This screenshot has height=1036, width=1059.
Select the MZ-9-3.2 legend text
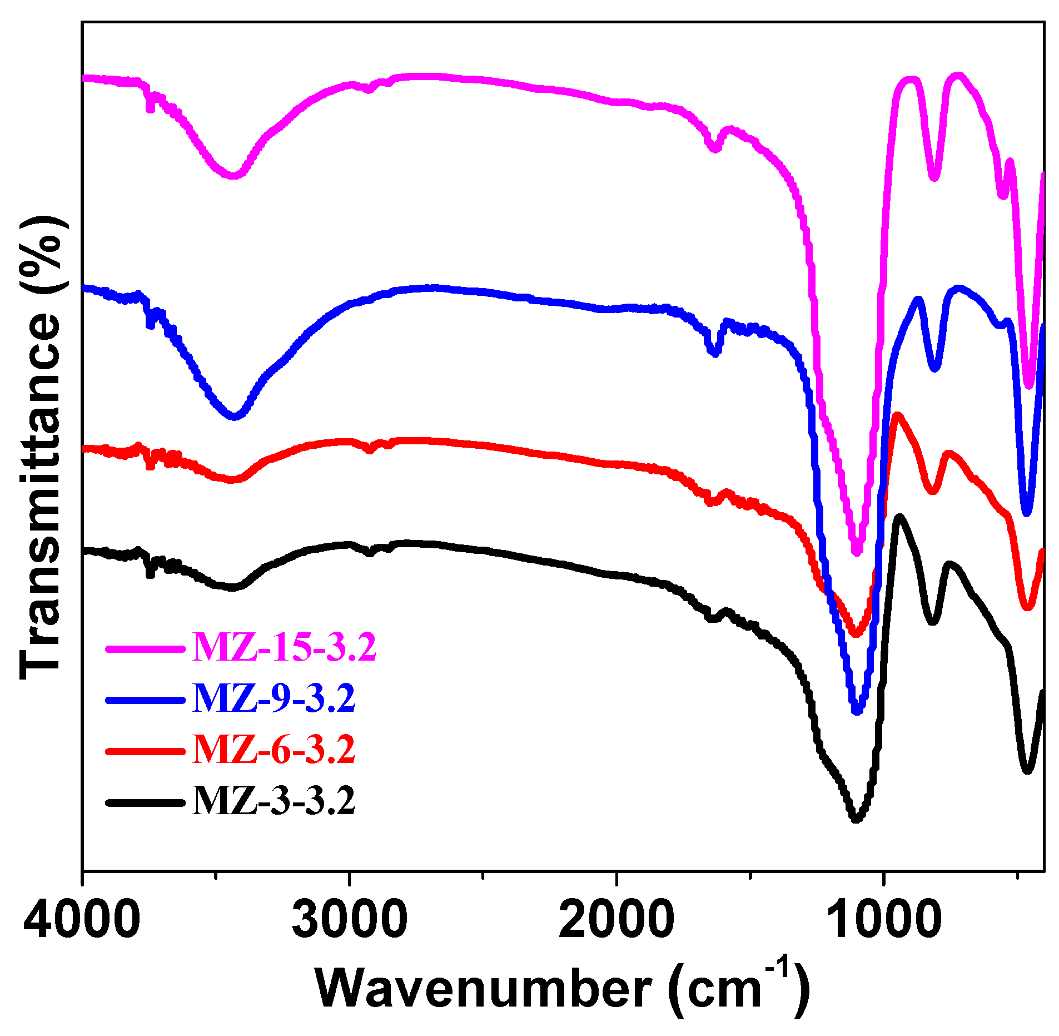[x=274, y=698]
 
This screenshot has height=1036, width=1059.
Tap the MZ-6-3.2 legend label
[x=274, y=749]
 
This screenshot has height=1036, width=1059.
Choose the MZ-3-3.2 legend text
[x=274, y=801]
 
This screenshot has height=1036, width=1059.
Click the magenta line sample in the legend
[x=145, y=648]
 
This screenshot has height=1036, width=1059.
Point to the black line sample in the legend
[x=145, y=802]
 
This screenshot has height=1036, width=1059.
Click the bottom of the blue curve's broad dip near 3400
[x=235, y=416]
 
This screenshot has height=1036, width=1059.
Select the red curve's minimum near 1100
[x=856, y=633]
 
